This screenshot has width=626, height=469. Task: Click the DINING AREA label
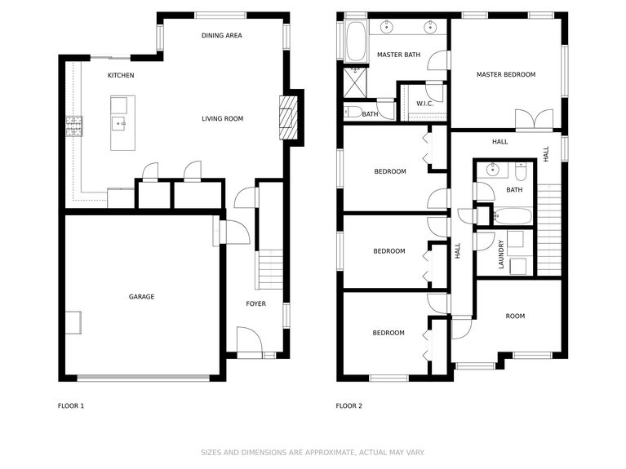[x=221, y=36]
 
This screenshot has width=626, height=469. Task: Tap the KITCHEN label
[x=121, y=75]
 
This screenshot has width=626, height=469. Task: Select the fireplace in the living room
[x=288, y=117]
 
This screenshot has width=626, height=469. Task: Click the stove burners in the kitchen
[x=74, y=126]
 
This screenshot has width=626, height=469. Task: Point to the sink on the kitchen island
[x=119, y=124]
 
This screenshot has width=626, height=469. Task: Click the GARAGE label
[x=141, y=297]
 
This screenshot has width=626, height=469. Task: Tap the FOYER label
[x=256, y=303]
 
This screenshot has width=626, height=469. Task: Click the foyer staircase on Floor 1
[x=270, y=269]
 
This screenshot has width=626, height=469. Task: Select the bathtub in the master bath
[x=356, y=42]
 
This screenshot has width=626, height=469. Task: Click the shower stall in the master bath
[x=355, y=82]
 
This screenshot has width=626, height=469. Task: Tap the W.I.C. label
[x=424, y=104]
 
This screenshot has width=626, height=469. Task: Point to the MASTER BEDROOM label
[x=506, y=75]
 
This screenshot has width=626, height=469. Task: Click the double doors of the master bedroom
[x=534, y=119]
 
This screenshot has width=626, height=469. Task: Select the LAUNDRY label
[x=501, y=254]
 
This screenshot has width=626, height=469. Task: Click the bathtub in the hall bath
[x=513, y=216]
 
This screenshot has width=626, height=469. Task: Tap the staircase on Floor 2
[x=549, y=230]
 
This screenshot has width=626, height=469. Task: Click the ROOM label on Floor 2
[x=515, y=316]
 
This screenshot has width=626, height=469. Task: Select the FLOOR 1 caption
[x=71, y=406]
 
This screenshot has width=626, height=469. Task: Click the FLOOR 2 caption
[x=349, y=406]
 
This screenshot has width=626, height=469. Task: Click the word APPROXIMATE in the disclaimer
[x=330, y=453]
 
